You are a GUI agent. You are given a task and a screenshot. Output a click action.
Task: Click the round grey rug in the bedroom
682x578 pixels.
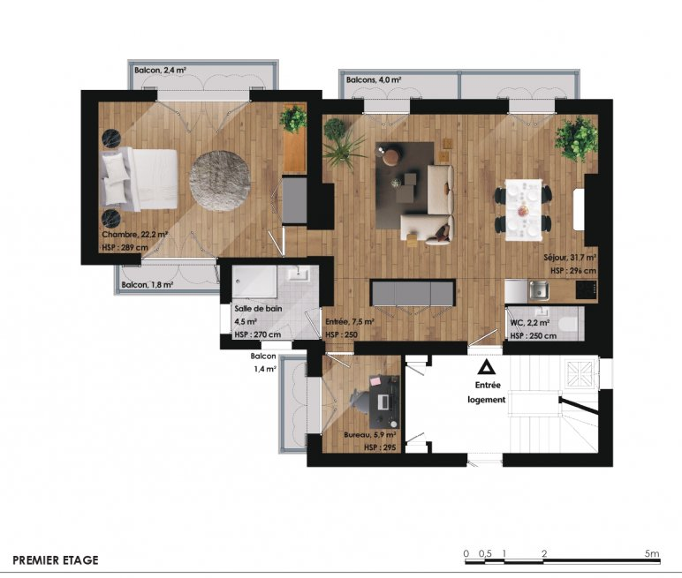click(220, 181)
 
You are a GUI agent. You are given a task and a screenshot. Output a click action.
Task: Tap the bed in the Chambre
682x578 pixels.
click(140, 179)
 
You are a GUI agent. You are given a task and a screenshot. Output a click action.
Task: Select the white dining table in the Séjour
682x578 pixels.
click(524, 210)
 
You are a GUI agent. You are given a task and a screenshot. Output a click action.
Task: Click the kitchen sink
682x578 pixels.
click(539, 290)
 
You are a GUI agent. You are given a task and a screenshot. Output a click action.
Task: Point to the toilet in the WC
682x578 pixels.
click(569, 324)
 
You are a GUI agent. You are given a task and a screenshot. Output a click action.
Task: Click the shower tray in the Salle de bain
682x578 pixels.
click(254, 281)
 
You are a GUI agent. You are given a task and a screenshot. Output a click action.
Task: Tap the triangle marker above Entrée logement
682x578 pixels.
click(484, 368)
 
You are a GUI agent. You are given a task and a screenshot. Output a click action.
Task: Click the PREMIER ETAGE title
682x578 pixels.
click(56, 560)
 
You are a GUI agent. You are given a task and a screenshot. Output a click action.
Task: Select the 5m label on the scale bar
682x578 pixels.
click(652, 553)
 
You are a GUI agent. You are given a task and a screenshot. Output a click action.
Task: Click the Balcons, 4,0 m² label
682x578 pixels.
click(374, 80)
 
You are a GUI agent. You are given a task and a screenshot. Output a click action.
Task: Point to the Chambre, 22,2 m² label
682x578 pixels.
click(135, 235)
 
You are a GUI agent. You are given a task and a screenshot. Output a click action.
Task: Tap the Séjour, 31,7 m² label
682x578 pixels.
click(570, 258)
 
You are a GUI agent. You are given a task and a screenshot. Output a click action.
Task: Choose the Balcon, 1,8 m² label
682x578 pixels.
click(148, 285)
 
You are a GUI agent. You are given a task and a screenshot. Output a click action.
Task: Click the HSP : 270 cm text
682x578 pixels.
click(257, 334)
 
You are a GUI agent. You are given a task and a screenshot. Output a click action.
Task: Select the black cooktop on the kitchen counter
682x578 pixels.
click(586, 289)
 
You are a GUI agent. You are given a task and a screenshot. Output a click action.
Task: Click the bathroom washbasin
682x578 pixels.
click(299, 274)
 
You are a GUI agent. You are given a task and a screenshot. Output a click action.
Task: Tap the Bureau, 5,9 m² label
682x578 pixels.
click(369, 434)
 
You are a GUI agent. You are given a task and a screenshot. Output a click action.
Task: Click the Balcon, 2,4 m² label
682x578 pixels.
click(161, 70)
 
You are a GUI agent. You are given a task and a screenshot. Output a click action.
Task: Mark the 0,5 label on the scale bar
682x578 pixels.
click(485, 553)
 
